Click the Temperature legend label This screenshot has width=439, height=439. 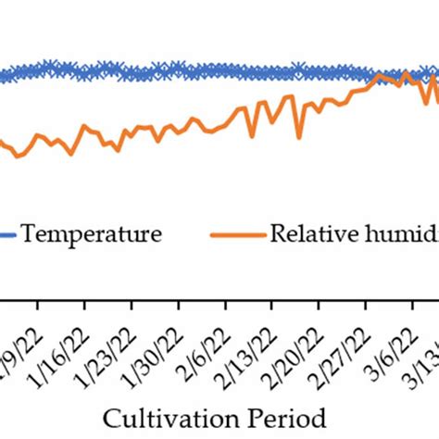pos(92,234)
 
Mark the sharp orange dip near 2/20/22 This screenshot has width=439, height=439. pos(299,138)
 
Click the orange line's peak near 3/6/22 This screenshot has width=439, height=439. pos(375,77)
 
